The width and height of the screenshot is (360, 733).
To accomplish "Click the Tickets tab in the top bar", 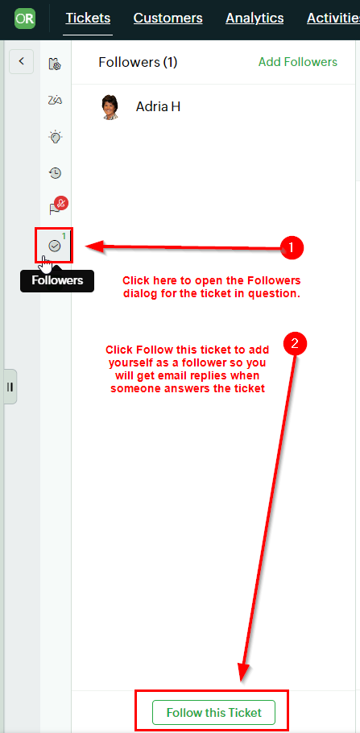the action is [x=88, y=19].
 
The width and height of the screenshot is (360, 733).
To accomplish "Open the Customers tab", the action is [x=168, y=19].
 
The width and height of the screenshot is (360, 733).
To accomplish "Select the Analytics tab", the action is [x=254, y=19].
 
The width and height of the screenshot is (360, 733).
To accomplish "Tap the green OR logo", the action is [x=25, y=19].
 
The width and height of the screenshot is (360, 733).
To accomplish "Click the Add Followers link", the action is [x=298, y=62].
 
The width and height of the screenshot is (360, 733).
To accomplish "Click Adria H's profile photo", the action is [x=110, y=107].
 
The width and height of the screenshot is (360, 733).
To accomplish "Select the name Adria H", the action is [x=158, y=106].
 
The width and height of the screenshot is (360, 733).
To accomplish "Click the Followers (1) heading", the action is [x=138, y=62].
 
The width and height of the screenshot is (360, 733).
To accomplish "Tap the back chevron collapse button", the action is [x=21, y=61].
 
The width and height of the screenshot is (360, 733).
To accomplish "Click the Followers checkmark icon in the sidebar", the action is [x=55, y=246].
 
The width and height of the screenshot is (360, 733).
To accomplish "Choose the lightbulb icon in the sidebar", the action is [x=56, y=137].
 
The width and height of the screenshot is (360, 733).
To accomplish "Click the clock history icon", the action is [x=56, y=173].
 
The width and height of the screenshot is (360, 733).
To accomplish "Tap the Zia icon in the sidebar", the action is [x=56, y=100].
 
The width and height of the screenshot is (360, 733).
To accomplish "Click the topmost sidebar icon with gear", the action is [x=56, y=64].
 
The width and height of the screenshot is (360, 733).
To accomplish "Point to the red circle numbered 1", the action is [x=292, y=248].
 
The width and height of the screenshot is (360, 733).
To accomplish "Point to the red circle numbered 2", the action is [x=295, y=344].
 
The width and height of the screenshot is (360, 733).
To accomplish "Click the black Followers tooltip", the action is [x=57, y=280].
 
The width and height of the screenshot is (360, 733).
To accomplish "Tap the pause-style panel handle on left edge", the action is [x=10, y=387].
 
